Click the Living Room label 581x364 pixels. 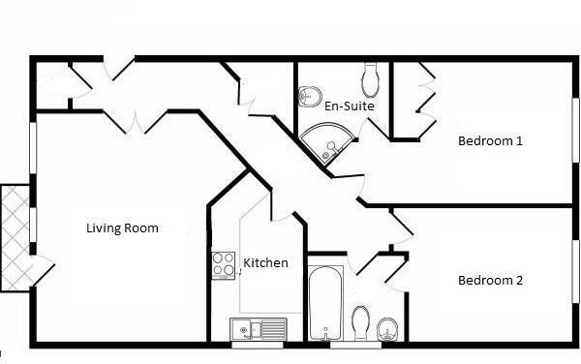pos(122,228)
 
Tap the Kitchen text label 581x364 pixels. pos(265,262)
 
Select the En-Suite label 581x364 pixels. pos(350,106)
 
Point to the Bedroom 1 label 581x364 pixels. pos(490,140)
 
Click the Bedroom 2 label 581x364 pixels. pos(490,281)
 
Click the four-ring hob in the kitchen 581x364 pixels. pos(224,263)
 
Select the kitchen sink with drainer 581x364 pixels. pos(259,330)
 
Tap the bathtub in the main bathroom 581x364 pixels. pos(322,298)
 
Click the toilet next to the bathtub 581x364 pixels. pos(361,322)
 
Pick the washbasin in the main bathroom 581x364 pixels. pos(387,329)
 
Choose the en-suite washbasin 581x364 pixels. pos(310,96)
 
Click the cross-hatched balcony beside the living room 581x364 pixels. pos(15,237)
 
